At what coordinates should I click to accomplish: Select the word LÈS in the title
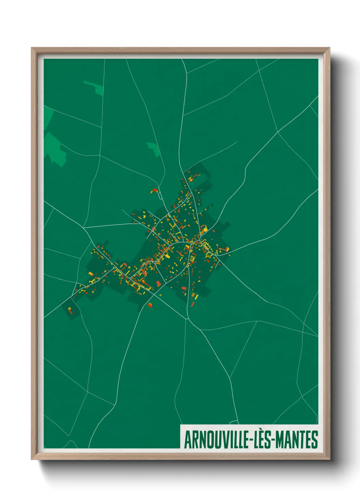click(261, 440)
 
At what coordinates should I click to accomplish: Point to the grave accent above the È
click(261, 431)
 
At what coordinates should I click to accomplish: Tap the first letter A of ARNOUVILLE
click(187, 440)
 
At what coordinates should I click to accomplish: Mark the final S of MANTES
click(315, 440)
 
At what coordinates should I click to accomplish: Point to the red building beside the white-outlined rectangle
click(155, 190)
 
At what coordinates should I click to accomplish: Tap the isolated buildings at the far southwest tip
click(70, 310)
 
